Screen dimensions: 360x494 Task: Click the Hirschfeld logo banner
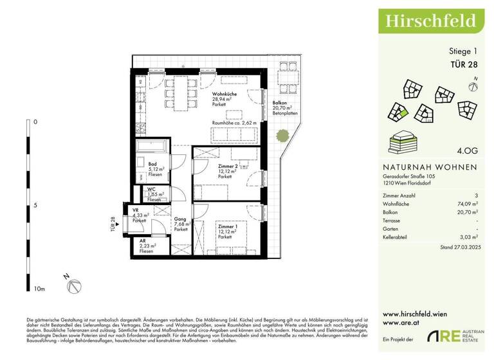coord(430,21)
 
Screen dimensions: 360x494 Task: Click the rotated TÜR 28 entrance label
coord(113,222)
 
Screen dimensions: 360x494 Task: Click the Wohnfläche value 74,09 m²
coord(466,203)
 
